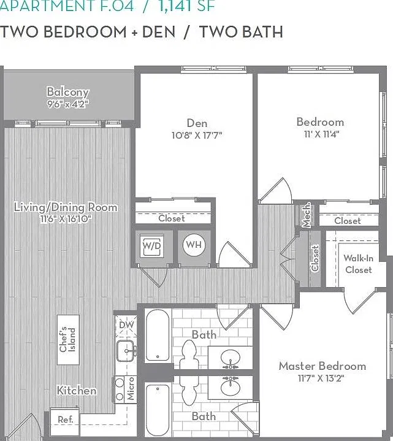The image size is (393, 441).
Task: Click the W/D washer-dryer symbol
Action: pyautogui.click(x=152, y=245)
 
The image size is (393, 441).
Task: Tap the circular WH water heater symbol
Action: pyautogui.click(x=194, y=245)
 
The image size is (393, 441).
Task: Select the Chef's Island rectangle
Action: pyautogui.click(x=68, y=340)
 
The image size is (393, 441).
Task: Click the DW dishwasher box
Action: pyautogui.click(x=126, y=326)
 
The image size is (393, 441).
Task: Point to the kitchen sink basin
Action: pyautogui.click(x=125, y=351)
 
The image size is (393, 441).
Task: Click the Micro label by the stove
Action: pyautogui.click(x=131, y=389)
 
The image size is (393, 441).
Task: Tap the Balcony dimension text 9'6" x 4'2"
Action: pyautogui.click(x=68, y=104)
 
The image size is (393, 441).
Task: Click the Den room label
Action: pyautogui.click(x=197, y=123)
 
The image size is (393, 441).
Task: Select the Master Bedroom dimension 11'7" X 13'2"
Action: pyautogui.click(x=321, y=378)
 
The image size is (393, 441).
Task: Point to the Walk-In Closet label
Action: pyautogui.click(x=359, y=264)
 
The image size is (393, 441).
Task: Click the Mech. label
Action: pyautogui.click(x=306, y=215)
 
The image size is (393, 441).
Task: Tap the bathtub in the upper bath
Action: pyautogui.click(x=158, y=336)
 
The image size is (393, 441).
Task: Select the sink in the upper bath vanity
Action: pyautogui.click(x=231, y=358)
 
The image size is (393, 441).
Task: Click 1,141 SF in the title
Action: pyautogui.click(x=186, y=6)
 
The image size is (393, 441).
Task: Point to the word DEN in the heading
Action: pyautogui.click(x=159, y=31)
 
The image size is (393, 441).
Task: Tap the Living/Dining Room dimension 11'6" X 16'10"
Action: pyautogui.click(x=66, y=219)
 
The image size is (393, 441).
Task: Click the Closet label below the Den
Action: pyautogui.click(x=172, y=218)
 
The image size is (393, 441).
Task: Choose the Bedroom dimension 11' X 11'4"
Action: pyautogui.click(x=321, y=134)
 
